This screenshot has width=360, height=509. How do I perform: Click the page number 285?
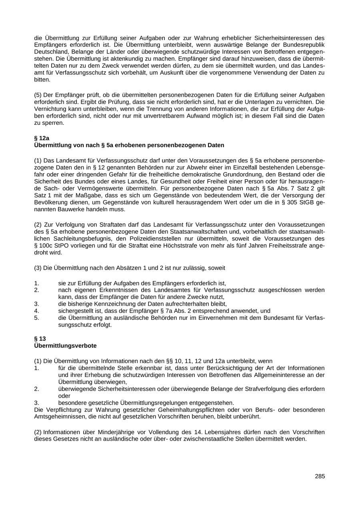[x=320, y=476]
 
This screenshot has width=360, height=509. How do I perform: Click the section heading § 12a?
[x=42, y=138]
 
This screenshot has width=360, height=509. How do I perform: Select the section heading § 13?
[x=40, y=339]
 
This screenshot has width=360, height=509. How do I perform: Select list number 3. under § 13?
[x=36, y=403]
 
